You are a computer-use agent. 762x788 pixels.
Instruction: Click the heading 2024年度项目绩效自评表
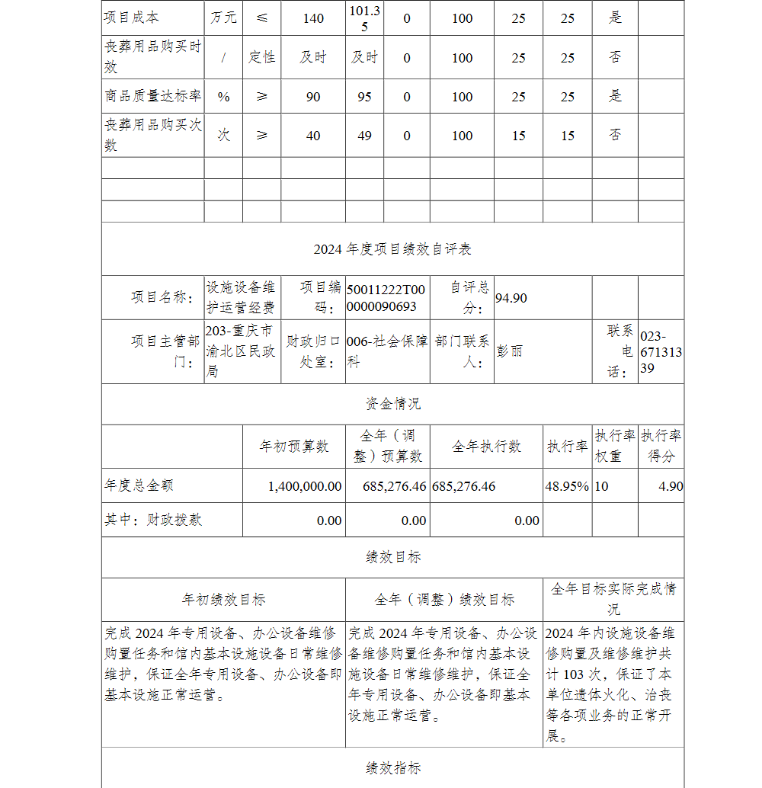(x=392, y=249)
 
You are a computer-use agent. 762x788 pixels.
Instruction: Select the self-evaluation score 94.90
(x=511, y=298)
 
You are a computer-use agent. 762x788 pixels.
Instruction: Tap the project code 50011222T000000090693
(x=386, y=298)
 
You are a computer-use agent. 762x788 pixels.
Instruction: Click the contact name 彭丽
(x=510, y=351)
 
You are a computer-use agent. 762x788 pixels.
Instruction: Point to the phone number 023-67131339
(x=661, y=351)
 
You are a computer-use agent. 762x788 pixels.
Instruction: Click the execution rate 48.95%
(x=568, y=486)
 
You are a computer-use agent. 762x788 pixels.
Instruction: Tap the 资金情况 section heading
(x=392, y=404)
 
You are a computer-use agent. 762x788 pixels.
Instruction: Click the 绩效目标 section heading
(x=392, y=557)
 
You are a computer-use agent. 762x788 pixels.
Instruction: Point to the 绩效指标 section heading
(x=392, y=768)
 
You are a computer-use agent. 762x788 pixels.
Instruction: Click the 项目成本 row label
(x=132, y=18)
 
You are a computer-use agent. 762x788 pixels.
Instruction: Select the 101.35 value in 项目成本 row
(x=364, y=18)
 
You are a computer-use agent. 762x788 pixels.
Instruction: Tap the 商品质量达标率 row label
(x=152, y=97)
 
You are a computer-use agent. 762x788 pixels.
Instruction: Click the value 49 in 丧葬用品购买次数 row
(x=364, y=136)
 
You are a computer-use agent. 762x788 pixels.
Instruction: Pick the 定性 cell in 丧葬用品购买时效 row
(x=261, y=58)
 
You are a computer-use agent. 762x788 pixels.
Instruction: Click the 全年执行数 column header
(x=486, y=447)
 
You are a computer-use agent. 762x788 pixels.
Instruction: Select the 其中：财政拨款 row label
(x=153, y=521)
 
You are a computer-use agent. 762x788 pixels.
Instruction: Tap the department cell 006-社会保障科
(x=386, y=351)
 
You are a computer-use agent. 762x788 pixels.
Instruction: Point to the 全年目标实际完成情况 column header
(x=613, y=599)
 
